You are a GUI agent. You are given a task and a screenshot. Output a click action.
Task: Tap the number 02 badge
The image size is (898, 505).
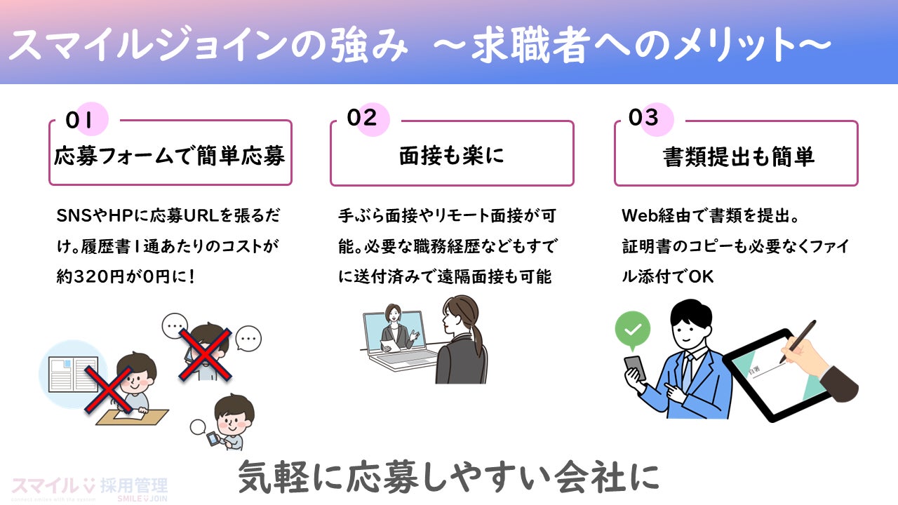362,118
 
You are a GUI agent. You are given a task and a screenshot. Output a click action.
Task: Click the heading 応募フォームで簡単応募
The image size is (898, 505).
170,156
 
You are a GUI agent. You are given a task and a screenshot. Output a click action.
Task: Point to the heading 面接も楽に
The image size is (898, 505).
452,156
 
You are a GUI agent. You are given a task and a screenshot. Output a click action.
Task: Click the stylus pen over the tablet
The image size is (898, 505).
800,344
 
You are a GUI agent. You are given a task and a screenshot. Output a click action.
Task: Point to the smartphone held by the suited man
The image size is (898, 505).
635,368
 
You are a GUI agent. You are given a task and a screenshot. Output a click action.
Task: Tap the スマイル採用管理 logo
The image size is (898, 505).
90,487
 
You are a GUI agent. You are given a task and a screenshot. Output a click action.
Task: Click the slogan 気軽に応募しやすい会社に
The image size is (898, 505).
449,477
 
